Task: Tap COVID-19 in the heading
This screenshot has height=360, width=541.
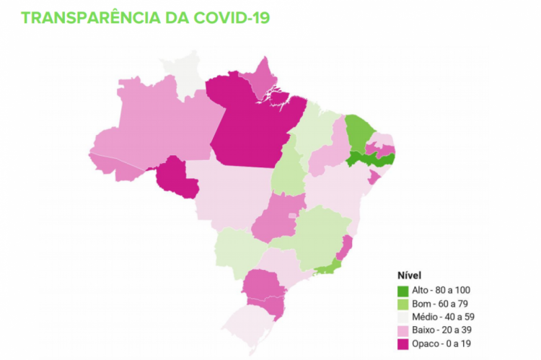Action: tap(232, 17)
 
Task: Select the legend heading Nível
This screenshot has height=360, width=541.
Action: tap(409, 276)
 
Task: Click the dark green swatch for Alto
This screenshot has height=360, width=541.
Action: tap(404, 290)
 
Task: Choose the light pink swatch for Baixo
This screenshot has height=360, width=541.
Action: tap(404, 330)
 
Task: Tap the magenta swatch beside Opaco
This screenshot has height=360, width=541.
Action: tap(404, 343)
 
